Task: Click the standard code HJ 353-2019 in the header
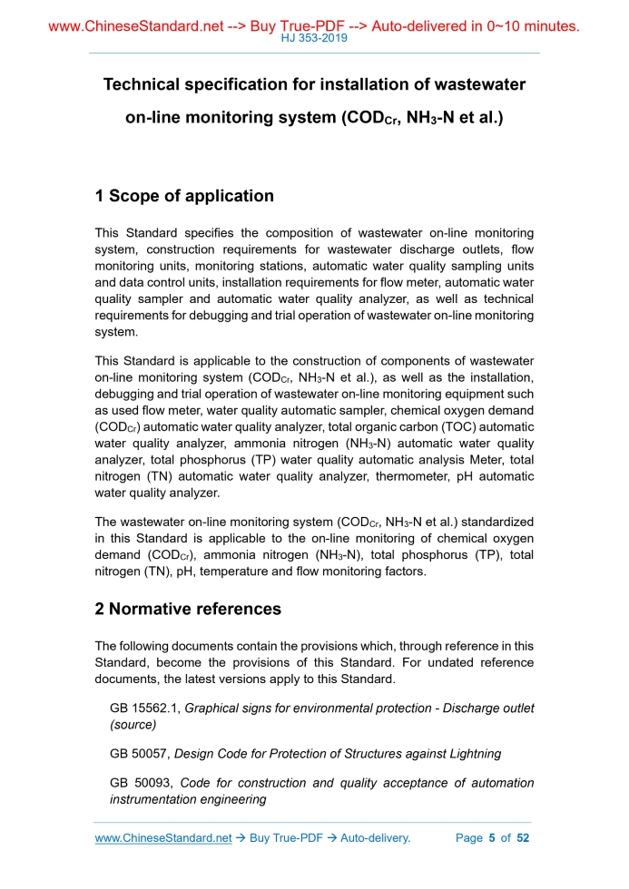click(314, 39)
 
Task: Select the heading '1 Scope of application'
click(184, 196)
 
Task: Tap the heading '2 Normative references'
click(188, 609)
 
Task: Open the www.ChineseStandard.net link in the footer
click(163, 838)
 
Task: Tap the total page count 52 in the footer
click(523, 838)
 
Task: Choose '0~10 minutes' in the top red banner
click(532, 26)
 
